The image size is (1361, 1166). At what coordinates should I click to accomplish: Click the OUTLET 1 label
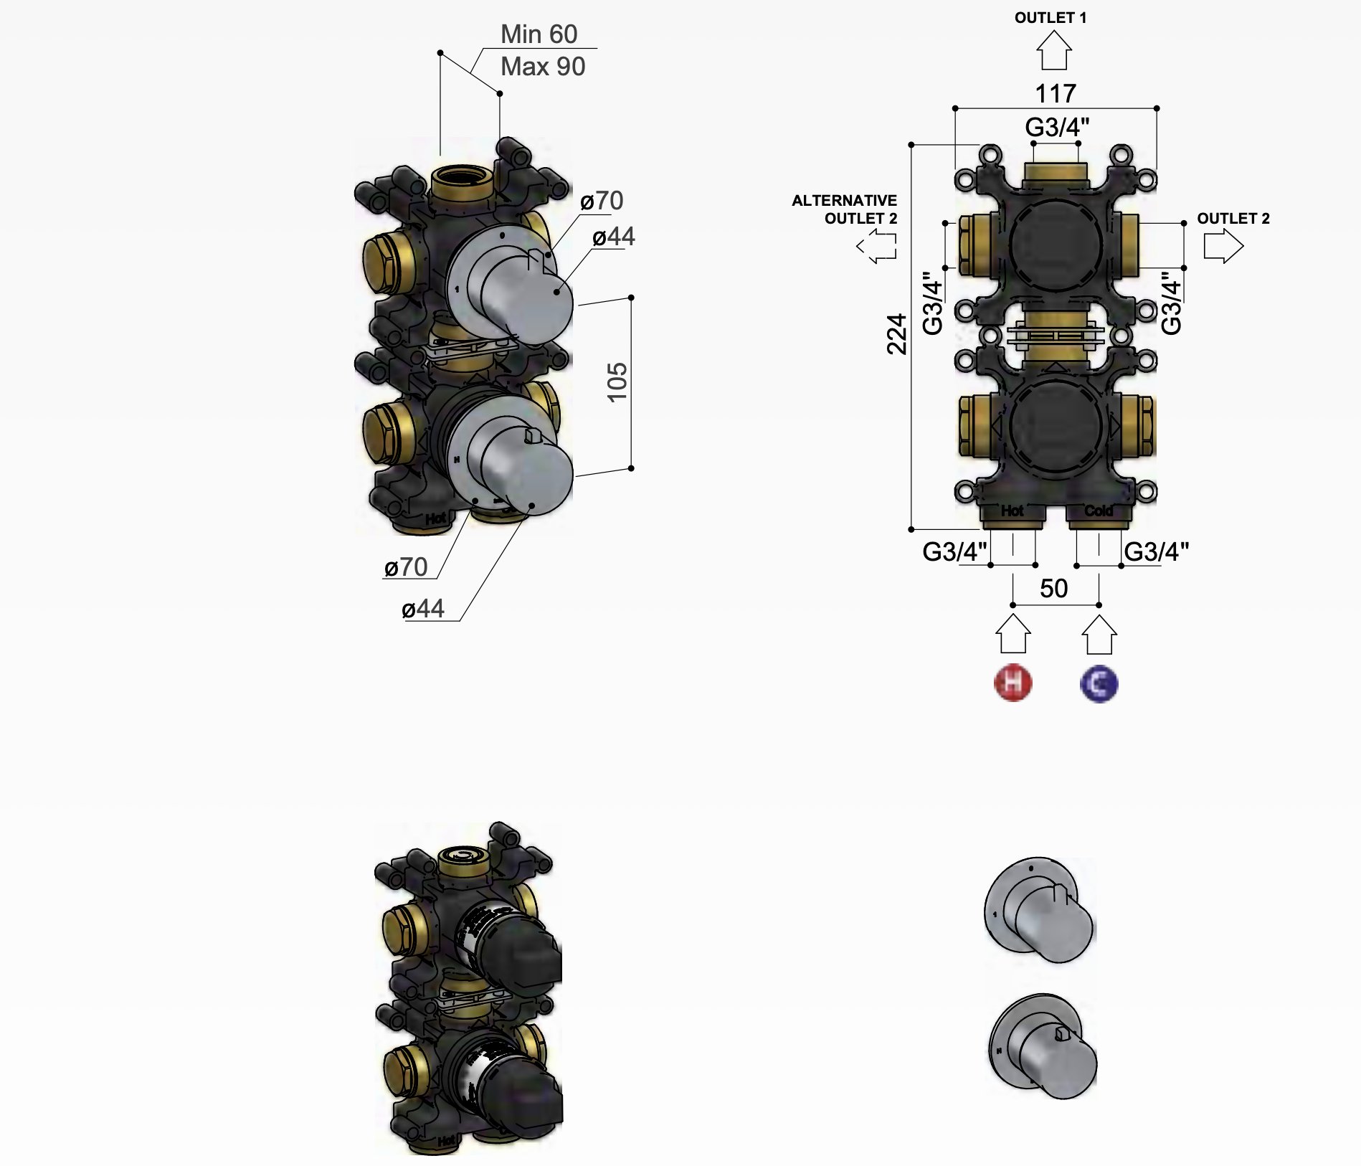coord(1050,18)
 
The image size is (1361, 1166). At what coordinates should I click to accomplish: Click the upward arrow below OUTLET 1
coord(1053,52)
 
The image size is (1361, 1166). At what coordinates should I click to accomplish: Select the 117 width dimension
coord(1055,93)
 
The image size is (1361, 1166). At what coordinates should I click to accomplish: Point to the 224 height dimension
coord(897,334)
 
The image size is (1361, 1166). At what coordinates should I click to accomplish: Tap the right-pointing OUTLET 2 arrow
coord(1223,247)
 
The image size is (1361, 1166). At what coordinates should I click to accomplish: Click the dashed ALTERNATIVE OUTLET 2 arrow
coord(877,247)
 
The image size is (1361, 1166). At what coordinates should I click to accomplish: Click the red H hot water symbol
coord(1013,683)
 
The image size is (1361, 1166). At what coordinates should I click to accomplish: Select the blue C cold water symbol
coord(1099,683)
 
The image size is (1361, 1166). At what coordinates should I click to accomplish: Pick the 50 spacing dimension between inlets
coord(1053,589)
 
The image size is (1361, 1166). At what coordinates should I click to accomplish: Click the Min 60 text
coord(539,34)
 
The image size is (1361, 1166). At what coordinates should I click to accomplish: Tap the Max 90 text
coord(543,67)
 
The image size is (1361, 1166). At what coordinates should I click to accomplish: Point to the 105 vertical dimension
coord(617,382)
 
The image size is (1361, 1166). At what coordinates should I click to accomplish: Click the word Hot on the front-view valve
coord(1012,511)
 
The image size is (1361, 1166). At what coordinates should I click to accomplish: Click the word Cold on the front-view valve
coord(1098,511)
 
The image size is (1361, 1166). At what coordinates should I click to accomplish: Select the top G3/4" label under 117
coord(1056,128)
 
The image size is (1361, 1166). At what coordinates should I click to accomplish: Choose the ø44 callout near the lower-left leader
coord(423,609)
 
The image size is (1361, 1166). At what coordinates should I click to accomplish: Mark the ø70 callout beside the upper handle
coord(602,201)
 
